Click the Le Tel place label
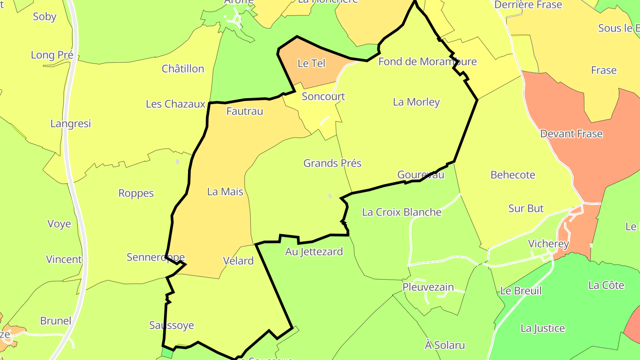point(312,64)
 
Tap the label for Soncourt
point(324,96)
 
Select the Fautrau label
point(245,111)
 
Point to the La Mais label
point(225,192)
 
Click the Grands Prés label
point(332,163)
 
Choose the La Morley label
point(416,102)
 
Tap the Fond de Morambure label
point(427,61)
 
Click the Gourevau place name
point(421,175)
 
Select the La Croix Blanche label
point(402,212)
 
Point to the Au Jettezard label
point(314,252)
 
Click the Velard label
point(239,261)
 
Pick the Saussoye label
point(172,325)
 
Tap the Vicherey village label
point(548,244)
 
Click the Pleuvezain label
point(428,287)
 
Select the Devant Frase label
point(571,134)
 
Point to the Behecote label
point(513,175)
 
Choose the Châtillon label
point(183,69)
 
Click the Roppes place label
point(136,193)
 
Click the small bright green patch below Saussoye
point(168,353)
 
